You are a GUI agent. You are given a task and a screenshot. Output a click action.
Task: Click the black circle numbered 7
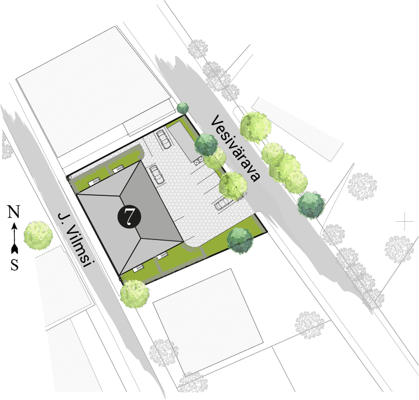(x=128, y=216)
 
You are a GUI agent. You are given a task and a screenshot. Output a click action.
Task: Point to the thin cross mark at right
(x=405, y=222)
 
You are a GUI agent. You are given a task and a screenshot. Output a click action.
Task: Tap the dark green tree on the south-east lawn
(x=240, y=239)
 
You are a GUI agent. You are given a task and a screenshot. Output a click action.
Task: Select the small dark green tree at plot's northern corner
(x=183, y=108)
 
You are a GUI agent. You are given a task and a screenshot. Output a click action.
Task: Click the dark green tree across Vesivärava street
(x=311, y=204)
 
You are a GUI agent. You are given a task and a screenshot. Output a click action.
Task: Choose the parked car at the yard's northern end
(x=164, y=140)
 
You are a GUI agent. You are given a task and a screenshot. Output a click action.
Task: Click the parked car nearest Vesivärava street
(x=224, y=204)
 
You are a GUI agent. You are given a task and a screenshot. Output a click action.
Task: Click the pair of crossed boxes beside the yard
(x=198, y=160)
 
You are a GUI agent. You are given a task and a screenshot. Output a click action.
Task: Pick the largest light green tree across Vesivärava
(x=255, y=127)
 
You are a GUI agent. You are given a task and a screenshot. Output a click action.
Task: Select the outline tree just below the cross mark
(x=399, y=248)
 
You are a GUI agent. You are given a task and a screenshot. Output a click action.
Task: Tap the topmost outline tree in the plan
(x=198, y=49)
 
